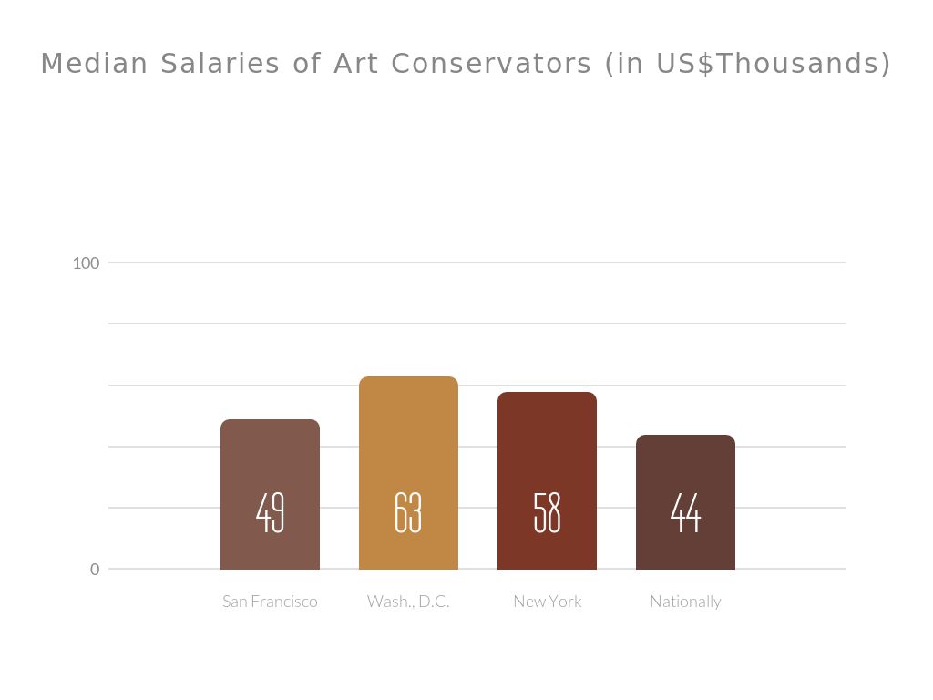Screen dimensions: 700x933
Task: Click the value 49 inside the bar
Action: point(270,513)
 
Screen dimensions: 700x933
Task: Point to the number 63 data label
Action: point(408,513)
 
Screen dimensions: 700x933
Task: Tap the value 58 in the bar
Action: point(547,513)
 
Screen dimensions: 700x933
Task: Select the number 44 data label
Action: point(685,513)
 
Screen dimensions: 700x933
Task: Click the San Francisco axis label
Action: point(270,602)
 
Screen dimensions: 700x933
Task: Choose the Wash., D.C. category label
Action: point(408,602)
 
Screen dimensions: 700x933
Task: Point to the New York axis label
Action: point(547,602)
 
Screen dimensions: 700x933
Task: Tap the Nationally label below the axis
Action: point(685,602)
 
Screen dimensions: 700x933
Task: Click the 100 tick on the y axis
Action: point(86,263)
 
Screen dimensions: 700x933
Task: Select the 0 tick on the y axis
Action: point(94,570)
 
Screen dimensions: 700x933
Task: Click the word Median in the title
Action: point(94,64)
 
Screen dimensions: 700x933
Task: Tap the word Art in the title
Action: point(355,64)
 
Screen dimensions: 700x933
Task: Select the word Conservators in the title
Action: point(491,64)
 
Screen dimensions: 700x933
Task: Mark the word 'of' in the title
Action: point(308,64)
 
